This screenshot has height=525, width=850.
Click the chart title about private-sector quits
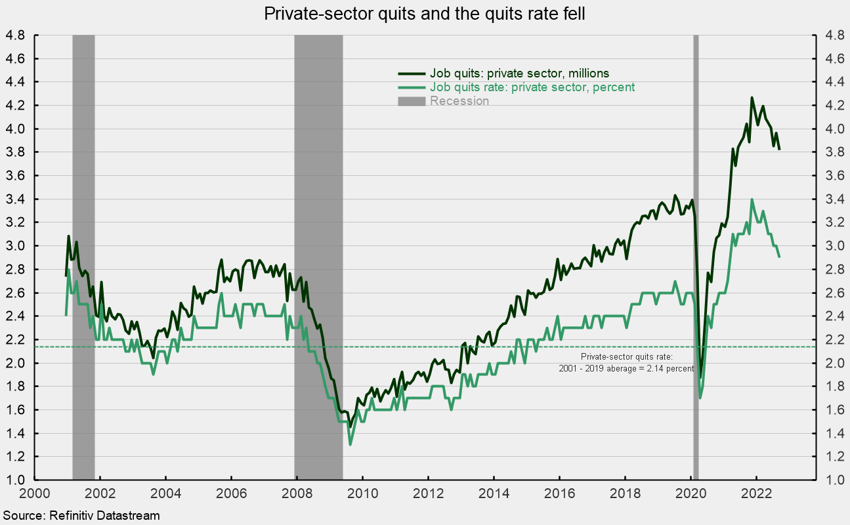[425, 13]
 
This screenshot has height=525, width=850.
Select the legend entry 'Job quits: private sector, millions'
[519, 73]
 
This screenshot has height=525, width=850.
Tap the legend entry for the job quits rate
[532, 87]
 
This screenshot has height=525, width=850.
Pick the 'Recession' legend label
[459, 101]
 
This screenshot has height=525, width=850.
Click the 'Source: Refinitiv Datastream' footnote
[81, 516]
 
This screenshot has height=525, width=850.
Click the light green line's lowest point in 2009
[350, 444]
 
